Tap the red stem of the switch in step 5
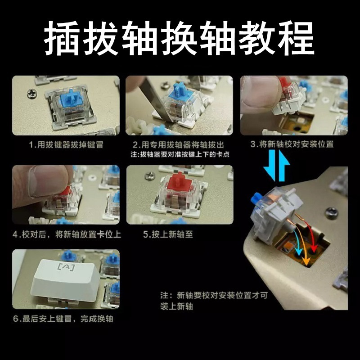tap(179, 182)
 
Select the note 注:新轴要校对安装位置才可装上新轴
tap(214, 301)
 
